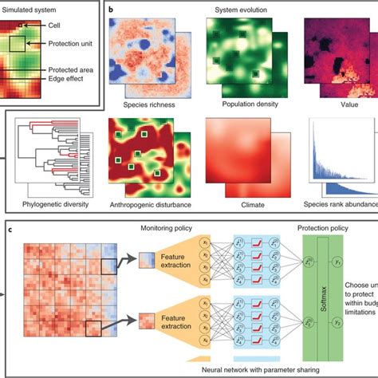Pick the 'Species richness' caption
click(150, 104)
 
